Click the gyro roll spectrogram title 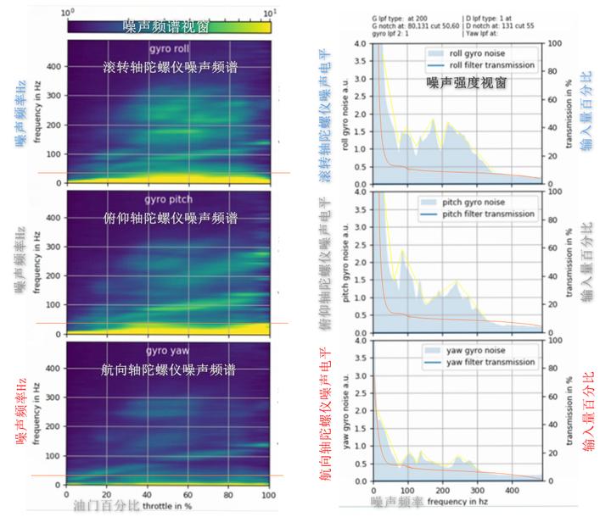pos(167,48)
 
